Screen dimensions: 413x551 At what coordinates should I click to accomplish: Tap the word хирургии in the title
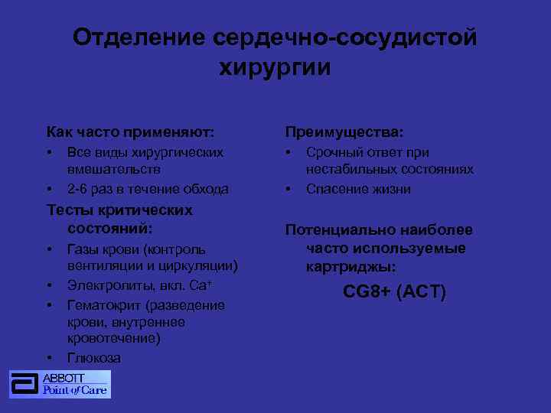pyautogui.click(x=275, y=67)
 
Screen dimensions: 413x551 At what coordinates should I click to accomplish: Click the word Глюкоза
pyautogui.click(x=94, y=358)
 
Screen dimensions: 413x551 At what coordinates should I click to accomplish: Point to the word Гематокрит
pyautogui.click(x=103, y=305)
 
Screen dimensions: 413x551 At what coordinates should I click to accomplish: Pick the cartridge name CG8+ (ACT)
pyautogui.click(x=394, y=292)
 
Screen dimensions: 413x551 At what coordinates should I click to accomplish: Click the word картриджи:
pyautogui.click(x=351, y=267)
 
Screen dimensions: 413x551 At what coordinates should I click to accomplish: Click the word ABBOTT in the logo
pyautogui.click(x=64, y=378)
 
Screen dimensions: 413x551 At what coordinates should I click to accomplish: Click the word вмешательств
pyautogui.click(x=114, y=169)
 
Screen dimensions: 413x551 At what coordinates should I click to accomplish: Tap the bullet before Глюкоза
pyautogui.click(x=49, y=358)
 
